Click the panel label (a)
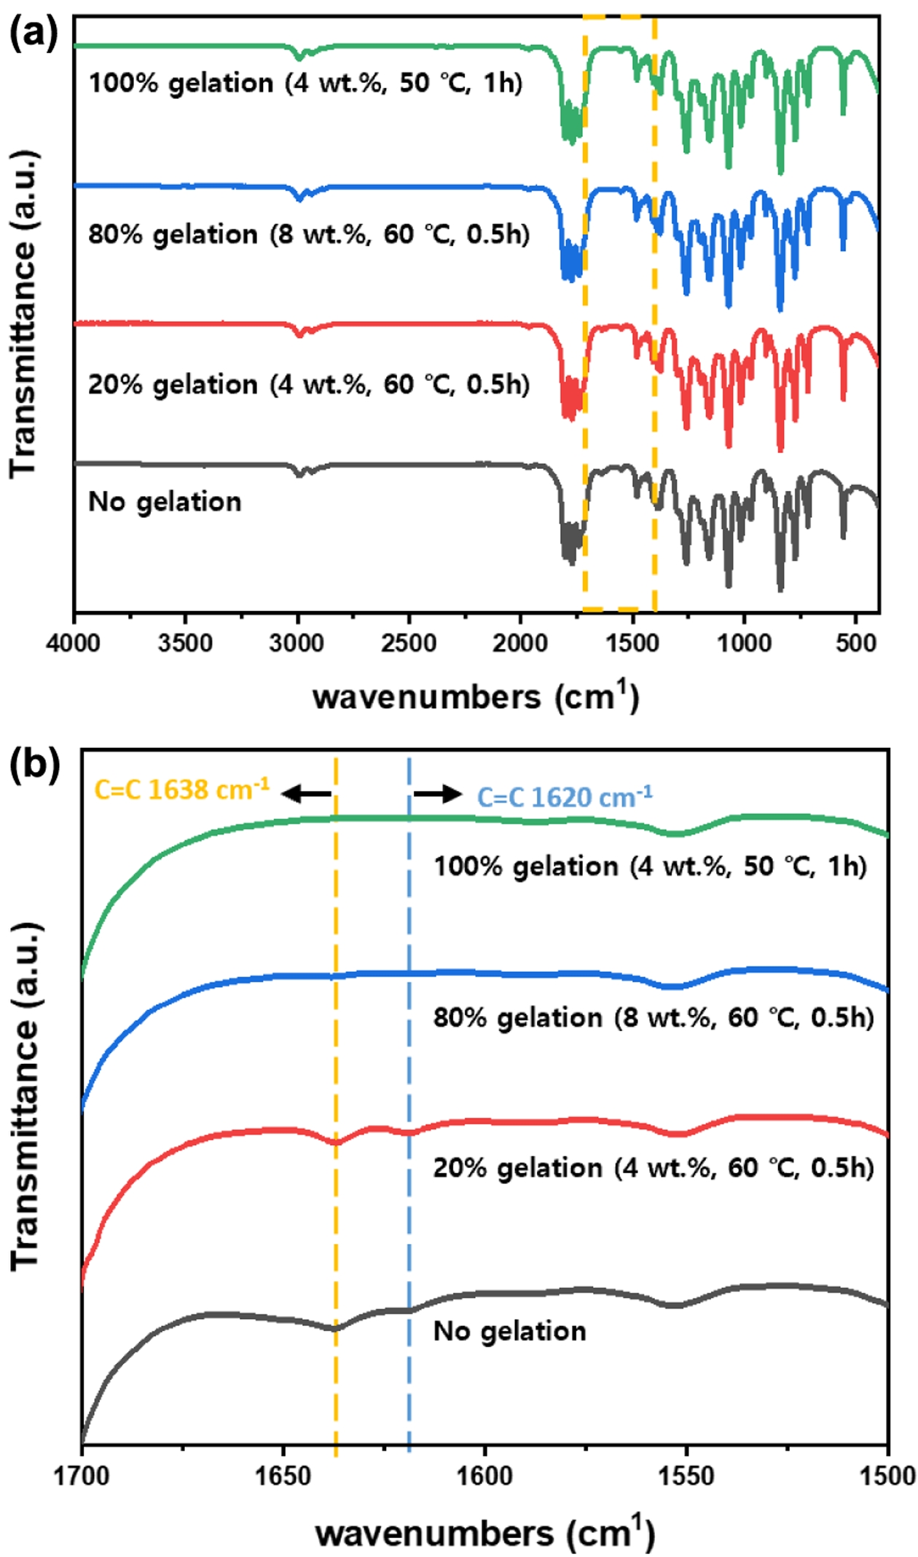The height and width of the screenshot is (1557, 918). (x=33, y=33)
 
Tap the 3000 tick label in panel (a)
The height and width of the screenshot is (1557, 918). (x=297, y=644)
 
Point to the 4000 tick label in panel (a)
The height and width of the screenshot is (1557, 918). (x=73, y=644)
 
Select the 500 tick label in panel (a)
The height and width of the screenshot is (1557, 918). (x=856, y=644)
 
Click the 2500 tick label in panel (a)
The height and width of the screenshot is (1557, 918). (x=409, y=644)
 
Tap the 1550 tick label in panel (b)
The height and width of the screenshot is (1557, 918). (x=686, y=1476)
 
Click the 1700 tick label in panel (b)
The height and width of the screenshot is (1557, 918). (x=82, y=1476)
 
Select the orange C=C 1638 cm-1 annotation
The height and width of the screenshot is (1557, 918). (x=181, y=789)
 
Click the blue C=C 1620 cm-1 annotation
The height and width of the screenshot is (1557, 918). (x=565, y=797)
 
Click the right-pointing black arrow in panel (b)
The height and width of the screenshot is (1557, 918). (x=438, y=794)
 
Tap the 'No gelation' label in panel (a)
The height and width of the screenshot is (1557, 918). (x=165, y=502)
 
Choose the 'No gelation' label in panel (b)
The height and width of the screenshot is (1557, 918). (x=509, y=1331)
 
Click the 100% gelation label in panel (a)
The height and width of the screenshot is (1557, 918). (x=305, y=83)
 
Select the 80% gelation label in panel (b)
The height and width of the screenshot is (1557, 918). (x=653, y=1017)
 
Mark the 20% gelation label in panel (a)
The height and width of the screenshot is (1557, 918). (x=308, y=384)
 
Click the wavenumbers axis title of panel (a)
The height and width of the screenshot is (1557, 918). (x=476, y=696)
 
